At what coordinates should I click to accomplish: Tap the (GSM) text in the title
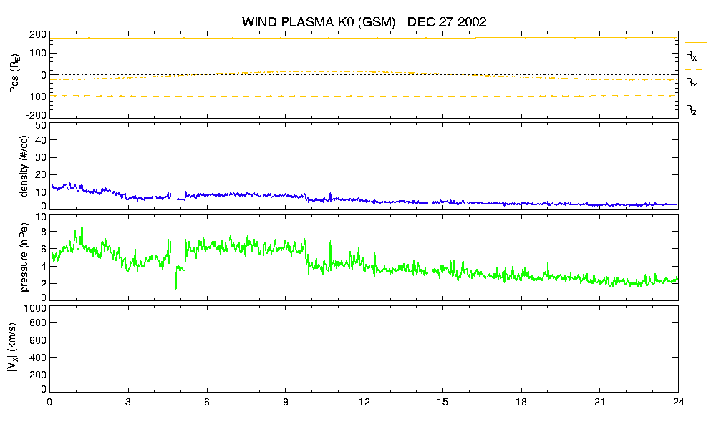pyautogui.click(x=376, y=22)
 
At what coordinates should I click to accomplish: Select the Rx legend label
pyautogui.click(x=691, y=56)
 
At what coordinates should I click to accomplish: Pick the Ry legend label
pyautogui.click(x=691, y=82)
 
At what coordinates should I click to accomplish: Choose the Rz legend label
pyautogui.click(x=691, y=109)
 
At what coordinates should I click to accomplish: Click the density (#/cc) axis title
pyautogui.click(x=24, y=166)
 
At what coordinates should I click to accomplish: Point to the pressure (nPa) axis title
pyautogui.click(x=24, y=257)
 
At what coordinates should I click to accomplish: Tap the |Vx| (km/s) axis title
pyautogui.click(x=13, y=347)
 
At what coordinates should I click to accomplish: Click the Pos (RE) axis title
pyautogui.click(x=14, y=74)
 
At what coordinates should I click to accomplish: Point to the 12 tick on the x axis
pyautogui.click(x=364, y=402)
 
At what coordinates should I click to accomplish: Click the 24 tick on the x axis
pyautogui.click(x=678, y=402)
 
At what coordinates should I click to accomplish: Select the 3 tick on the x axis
pyautogui.click(x=128, y=402)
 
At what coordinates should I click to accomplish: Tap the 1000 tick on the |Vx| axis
pyautogui.click(x=35, y=308)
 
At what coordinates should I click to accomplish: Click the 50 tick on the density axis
pyautogui.click(x=41, y=126)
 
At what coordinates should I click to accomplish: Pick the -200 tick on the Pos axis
pyautogui.click(x=37, y=115)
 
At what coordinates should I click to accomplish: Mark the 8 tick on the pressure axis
pyautogui.click(x=44, y=232)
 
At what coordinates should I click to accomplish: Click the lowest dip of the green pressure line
pyautogui.click(x=176, y=289)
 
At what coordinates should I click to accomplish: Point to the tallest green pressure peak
pyautogui.click(x=82, y=228)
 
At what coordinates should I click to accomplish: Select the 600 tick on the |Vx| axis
pyautogui.click(x=38, y=340)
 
